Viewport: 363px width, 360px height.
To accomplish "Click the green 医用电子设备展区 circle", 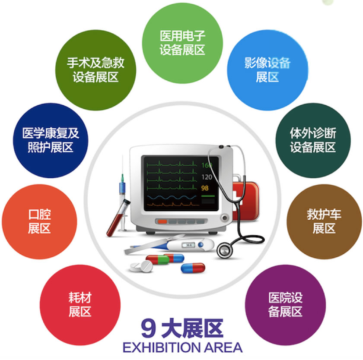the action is (182, 43).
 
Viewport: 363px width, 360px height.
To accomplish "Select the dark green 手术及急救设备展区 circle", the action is (96, 70).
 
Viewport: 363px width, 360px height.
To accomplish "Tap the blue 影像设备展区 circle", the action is (267, 70).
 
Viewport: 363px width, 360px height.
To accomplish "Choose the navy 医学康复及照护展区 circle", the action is (51, 140).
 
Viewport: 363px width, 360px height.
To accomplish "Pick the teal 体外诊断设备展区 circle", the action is (313, 140).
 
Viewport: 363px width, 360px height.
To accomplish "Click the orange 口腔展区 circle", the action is (39, 221).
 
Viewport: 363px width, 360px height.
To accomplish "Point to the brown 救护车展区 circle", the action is (324, 221).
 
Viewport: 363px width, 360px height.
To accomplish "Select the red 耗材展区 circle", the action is (80, 305).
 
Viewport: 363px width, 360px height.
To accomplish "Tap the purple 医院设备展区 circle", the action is (286, 305).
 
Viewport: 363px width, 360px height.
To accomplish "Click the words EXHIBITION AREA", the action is (182, 347).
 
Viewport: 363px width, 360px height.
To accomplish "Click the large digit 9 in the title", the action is (148, 328).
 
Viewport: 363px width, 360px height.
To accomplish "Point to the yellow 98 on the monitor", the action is (205, 188).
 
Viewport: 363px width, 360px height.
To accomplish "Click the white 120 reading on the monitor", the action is (207, 177).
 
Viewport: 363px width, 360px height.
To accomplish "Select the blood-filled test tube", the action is (118, 218).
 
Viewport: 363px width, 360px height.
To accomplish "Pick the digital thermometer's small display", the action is (188, 245).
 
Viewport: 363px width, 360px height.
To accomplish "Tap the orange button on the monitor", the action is (162, 222).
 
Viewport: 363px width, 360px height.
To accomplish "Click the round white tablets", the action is (141, 266).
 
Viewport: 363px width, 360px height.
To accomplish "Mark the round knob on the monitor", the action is (224, 218).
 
